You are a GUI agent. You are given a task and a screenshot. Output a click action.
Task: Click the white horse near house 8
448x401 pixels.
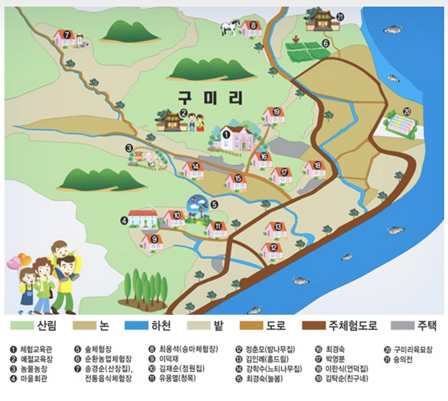230,27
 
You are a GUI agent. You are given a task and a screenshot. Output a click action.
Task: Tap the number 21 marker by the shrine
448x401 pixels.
340,17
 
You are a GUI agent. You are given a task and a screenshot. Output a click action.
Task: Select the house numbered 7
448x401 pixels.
64,38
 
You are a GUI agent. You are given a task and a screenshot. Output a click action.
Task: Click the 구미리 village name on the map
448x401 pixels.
210,98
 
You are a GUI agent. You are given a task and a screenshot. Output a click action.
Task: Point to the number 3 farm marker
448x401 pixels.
129,148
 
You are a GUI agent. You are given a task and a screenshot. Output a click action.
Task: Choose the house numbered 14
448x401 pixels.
193,170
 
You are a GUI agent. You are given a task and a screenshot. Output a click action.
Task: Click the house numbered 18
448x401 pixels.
315,169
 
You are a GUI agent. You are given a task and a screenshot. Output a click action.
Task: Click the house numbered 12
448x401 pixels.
272,251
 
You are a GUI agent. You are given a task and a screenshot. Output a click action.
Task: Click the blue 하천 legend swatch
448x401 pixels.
136,325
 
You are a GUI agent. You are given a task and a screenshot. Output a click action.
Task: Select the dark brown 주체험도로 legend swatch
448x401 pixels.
314,325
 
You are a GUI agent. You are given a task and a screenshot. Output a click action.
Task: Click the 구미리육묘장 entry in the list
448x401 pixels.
413,349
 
